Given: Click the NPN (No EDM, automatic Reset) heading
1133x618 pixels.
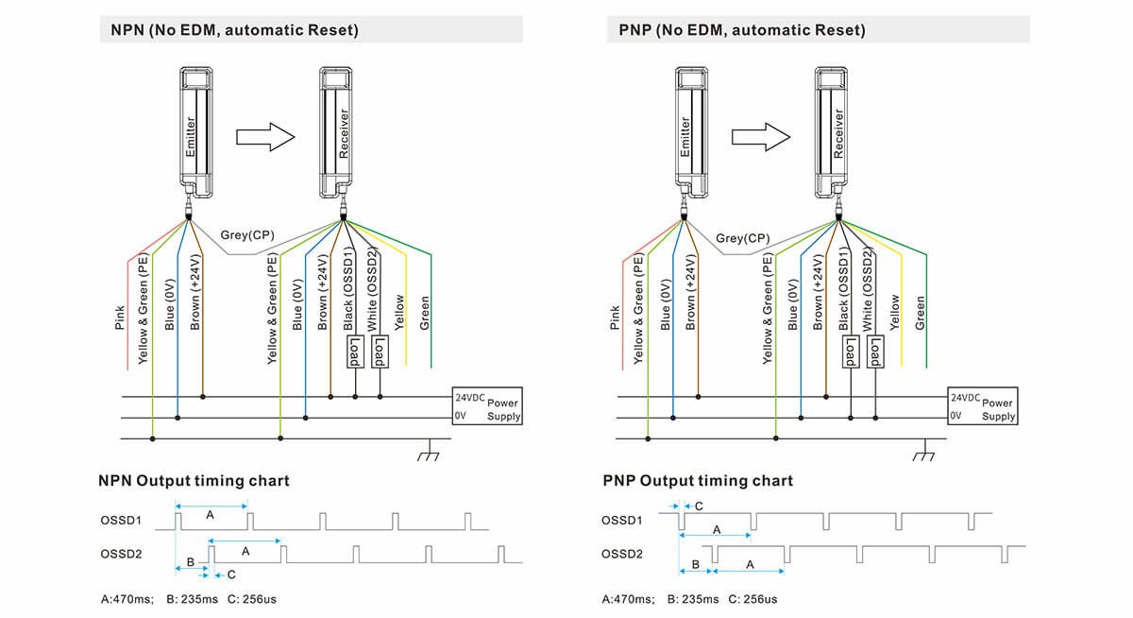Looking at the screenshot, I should click(x=229, y=30).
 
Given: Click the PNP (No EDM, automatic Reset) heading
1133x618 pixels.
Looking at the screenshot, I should click(x=736, y=30).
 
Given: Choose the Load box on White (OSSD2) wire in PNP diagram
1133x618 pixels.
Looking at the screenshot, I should click(x=875, y=352).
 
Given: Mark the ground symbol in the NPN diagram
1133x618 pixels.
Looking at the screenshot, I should click(x=431, y=453).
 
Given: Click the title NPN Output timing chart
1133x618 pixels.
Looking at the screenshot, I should click(x=194, y=481).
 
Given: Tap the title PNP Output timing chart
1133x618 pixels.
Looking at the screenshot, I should click(x=698, y=481).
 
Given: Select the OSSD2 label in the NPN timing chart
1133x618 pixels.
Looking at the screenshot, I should click(x=121, y=553).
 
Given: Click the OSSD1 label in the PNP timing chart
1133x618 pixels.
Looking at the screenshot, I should click(x=621, y=520).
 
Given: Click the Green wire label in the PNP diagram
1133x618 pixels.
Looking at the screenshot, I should click(x=920, y=313).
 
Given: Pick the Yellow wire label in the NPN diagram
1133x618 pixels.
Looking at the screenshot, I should click(x=399, y=311).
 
